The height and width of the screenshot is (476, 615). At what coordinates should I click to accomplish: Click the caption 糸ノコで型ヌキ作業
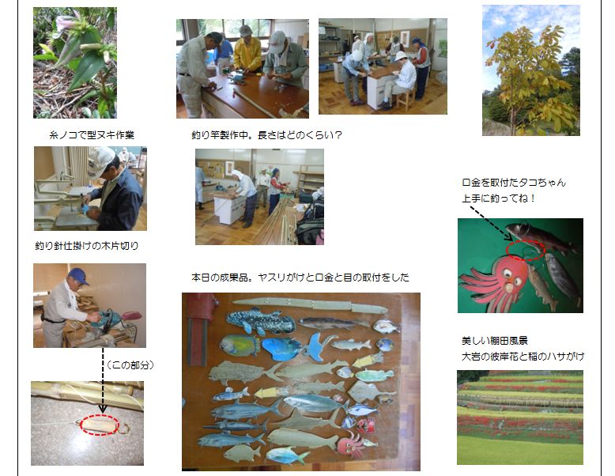pos(92,135)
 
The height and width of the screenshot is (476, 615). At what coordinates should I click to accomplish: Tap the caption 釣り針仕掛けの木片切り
pos(87,246)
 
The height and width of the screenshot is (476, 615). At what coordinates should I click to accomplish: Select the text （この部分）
pos(130,365)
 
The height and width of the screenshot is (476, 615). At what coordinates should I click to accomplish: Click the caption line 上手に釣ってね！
pos(498,198)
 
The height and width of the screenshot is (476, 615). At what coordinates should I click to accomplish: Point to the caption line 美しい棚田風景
pos(495,341)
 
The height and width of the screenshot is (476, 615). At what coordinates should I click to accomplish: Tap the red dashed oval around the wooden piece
pos(99,425)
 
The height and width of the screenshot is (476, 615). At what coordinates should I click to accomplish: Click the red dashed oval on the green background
pos(526,250)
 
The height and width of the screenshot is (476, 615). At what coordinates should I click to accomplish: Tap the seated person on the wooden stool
pos(398,81)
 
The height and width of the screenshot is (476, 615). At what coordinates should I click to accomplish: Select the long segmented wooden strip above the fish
pos(310,304)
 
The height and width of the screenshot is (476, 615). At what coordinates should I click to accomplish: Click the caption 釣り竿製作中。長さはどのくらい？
pos(266,135)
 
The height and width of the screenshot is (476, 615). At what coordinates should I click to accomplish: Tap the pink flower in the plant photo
pos(66,23)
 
